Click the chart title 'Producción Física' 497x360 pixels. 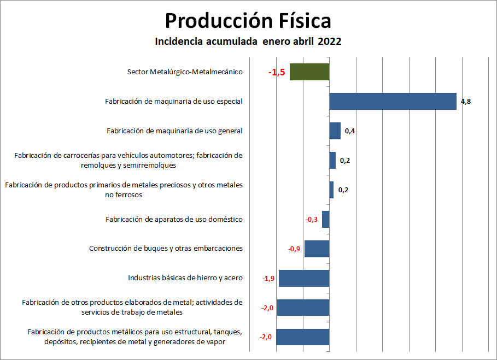(248, 21)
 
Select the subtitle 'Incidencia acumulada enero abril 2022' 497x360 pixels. (248, 42)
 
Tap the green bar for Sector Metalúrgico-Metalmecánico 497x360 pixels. (309, 72)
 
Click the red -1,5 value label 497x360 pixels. (277, 72)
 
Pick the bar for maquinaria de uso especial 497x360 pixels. (393, 101)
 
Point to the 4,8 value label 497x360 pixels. (466, 102)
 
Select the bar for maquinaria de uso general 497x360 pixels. (335, 131)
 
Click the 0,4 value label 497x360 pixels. (350, 131)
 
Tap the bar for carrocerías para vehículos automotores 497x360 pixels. (332, 161)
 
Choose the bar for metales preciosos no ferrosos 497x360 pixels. (331, 190)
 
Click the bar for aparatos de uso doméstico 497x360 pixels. (326, 220)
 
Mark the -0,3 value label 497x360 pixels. (312, 220)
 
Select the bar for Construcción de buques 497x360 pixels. (317, 249)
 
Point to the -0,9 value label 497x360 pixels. (294, 249)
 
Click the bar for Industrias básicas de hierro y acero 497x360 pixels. (304, 278)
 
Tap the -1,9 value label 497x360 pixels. (268, 279)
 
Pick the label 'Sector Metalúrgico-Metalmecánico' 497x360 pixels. (185, 72)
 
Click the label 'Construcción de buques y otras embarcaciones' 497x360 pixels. (166, 249)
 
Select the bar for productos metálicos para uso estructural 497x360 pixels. (303, 337)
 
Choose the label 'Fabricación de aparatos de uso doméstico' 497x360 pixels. (174, 220)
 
